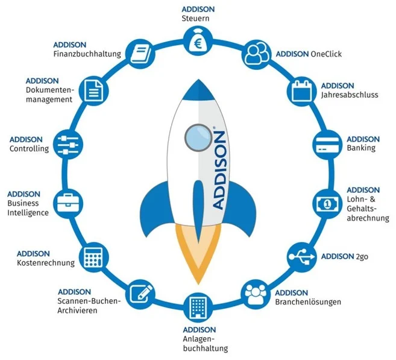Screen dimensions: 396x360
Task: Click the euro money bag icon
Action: pyautogui.click(x=198, y=41)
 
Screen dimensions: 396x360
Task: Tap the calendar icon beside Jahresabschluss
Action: pyautogui.click(x=302, y=91)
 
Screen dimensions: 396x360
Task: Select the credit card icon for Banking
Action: pyautogui.click(x=327, y=145)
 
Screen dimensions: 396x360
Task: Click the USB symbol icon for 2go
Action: pyautogui.click(x=302, y=257)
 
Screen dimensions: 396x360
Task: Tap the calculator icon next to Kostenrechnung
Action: pyautogui.click(x=93, y=258)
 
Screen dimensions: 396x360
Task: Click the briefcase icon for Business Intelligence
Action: pyautogui.click(x=68, y=204)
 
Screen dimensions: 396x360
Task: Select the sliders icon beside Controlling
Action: pyautogui.click(x=68, y=145)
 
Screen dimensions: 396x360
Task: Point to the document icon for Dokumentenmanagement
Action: pyautogui.click(x=93, y=91)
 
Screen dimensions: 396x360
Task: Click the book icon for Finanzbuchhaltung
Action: pyautogui.click(x=140, y=54)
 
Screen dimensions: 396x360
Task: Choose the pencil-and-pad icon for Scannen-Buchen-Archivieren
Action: pyautogui.click(x=140, y=294)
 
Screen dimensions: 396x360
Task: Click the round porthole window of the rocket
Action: pyautogui.click(x=198, y=137)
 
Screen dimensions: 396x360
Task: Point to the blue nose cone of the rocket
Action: pyautogui.click(x=198, y=90)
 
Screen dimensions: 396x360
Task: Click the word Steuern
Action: pyautogui.click(x=195, y=19)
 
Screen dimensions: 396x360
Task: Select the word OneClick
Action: pyautogui.click(x=326, y=54)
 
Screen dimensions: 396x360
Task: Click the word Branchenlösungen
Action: pyautogui.click(x=308, y=302)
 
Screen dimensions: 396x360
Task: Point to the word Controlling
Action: pyautogui.click(x=30, y=148)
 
